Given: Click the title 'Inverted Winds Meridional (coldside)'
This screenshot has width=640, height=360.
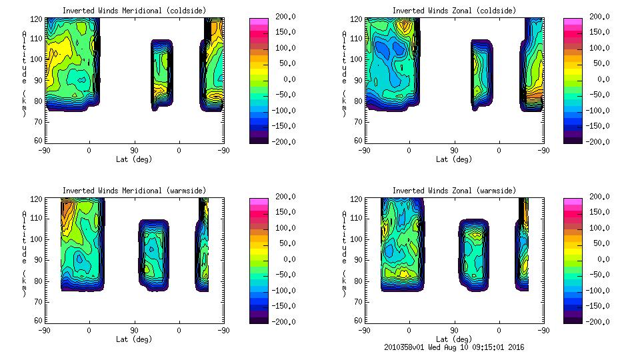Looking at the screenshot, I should (134, 11).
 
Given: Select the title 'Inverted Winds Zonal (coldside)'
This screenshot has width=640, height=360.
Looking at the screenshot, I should (454, 11).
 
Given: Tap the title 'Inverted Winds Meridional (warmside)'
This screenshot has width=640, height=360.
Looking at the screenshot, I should (134, 191).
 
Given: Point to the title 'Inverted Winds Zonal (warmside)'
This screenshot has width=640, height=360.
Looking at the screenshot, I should (454, 191).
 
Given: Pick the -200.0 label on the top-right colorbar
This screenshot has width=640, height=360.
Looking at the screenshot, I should (596, 141).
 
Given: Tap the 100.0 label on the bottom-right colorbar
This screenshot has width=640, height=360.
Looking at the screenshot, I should (596, 227).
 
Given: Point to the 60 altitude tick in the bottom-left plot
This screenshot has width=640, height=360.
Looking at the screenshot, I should (39, 320).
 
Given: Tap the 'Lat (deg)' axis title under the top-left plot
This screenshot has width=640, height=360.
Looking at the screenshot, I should (134, 159).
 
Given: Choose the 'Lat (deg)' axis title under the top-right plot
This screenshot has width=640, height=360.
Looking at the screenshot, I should (454, 159).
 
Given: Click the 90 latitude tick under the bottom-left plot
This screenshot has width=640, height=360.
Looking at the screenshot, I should (134, 330).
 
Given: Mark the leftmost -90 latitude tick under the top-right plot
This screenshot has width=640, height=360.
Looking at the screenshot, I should (364, 150).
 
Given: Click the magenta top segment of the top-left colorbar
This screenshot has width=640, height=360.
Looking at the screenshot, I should (258, 21).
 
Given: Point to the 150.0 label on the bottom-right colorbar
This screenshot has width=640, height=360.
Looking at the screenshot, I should (596, 212).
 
